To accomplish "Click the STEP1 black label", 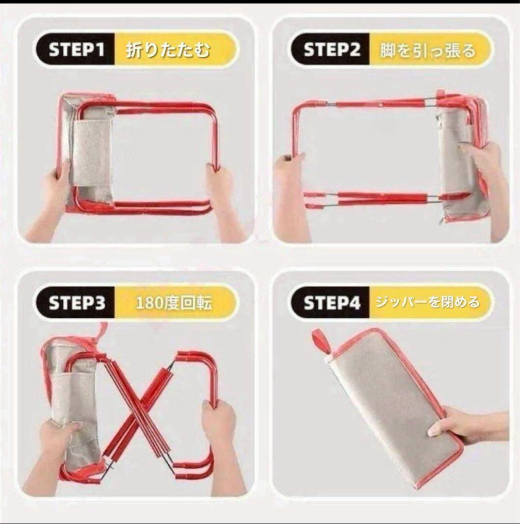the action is [x=76, y=49].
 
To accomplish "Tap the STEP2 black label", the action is [x=331, y=49].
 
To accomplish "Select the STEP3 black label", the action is [x=76, y=302].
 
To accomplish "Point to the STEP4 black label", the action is [x=331, y=302].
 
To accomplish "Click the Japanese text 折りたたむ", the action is [x=168, y=50].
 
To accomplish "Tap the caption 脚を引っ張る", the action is [x=428, y=51].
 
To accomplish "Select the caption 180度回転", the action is [x=174, y=303].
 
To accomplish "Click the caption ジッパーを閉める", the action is [x=428, y=302].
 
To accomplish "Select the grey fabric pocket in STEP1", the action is [x=92, y=153].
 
